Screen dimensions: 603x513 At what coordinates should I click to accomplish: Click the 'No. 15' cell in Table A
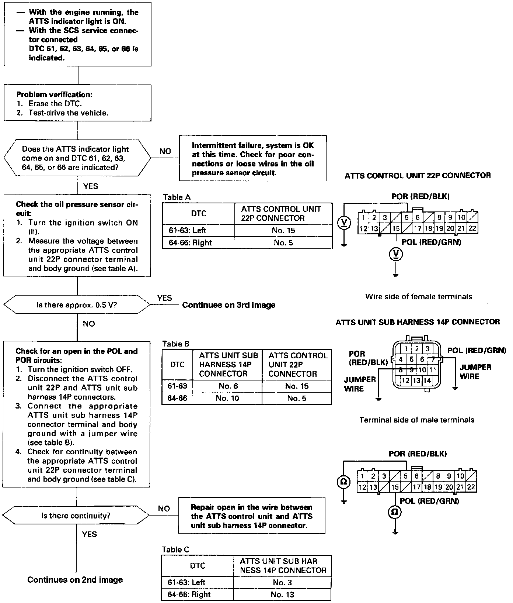pyautogui.click(x=283, y=231)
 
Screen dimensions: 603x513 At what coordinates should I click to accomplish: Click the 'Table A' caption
pyautogui.click(x=177, y=197)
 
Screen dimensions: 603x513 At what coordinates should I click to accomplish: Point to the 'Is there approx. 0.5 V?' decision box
pyautogui.click(x=77, y=305)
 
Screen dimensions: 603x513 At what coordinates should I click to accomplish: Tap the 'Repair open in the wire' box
pyautogui.click(x=252, y=516)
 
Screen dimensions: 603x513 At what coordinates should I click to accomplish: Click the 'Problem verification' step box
pyautogui.click(x=77, y=103)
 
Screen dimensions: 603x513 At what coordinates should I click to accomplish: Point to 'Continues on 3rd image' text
pyautogui.click(x=229, y=305)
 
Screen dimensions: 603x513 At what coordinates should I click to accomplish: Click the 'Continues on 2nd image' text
pyautogui.click(x=75, y=580)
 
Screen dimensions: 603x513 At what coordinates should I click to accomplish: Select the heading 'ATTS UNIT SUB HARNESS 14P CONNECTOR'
pyautogui.click(x=418, y=322)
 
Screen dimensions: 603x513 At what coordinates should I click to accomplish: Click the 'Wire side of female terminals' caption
pyautogui.click(x=419, y=297)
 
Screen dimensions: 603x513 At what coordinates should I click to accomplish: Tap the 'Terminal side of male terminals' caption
pyautogui.click(x=417, y=420)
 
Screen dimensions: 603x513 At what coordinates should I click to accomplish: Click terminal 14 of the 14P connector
pyautogui.click(x=427, y=380)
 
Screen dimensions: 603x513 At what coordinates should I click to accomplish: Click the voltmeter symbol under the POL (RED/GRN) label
pyautogui.click(x=396, y=254)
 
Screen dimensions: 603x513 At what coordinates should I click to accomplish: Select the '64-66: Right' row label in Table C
pyautogui.click(x=189, y=594)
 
